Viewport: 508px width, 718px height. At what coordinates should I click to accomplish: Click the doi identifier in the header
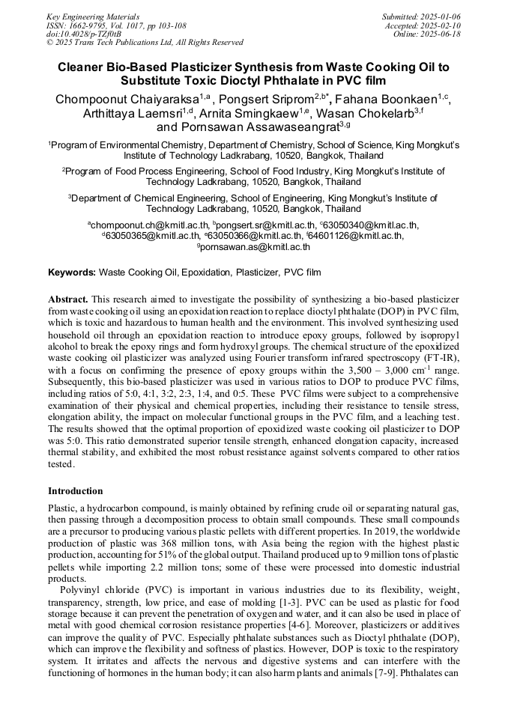(x=84, y=34)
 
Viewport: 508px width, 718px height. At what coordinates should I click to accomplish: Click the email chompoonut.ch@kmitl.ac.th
(x=149, y=225)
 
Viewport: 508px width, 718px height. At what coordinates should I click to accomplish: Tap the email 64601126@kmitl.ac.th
(x=356, y=235)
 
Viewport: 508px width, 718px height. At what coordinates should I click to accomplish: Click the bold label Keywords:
(x=72, y=273)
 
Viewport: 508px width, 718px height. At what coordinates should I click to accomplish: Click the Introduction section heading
(x=76, y=491)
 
